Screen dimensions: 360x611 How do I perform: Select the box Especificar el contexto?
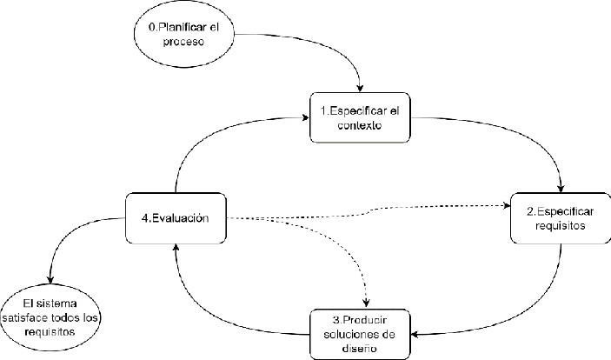(360, 117)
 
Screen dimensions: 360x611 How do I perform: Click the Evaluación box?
(176, 217)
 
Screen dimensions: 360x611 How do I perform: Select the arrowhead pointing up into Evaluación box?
(176, 248)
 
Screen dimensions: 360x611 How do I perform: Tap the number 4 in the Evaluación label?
(145, 217)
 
